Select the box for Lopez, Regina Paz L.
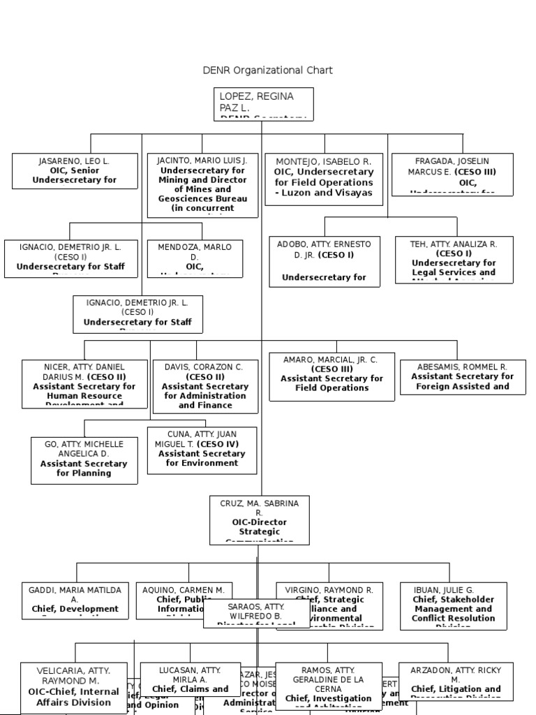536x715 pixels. [x=262, y=104]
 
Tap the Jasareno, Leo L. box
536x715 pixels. [x=74, y=171]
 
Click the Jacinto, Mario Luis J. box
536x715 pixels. [x=203, y=185]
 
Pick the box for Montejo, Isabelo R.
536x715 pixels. [x=324, y=179]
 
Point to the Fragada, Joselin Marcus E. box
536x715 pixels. [x=452, y=174]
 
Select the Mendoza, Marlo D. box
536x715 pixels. [x=195, y=258]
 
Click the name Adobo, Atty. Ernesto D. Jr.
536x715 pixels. [x=325, y=249]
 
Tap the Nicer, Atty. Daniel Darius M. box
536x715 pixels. [x=84, y=383]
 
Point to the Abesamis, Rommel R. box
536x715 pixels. [x=462, y=376]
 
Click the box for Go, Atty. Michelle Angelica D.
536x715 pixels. [x=83, y=459]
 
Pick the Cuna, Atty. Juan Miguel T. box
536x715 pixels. [x=202, y=450]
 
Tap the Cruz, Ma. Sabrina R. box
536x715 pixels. [x=259, y=519]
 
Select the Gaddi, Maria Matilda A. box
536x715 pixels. [x=75, y=600]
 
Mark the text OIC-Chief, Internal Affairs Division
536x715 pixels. [x=74, y=697]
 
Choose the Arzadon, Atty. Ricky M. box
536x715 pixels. [x=455, y=680]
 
